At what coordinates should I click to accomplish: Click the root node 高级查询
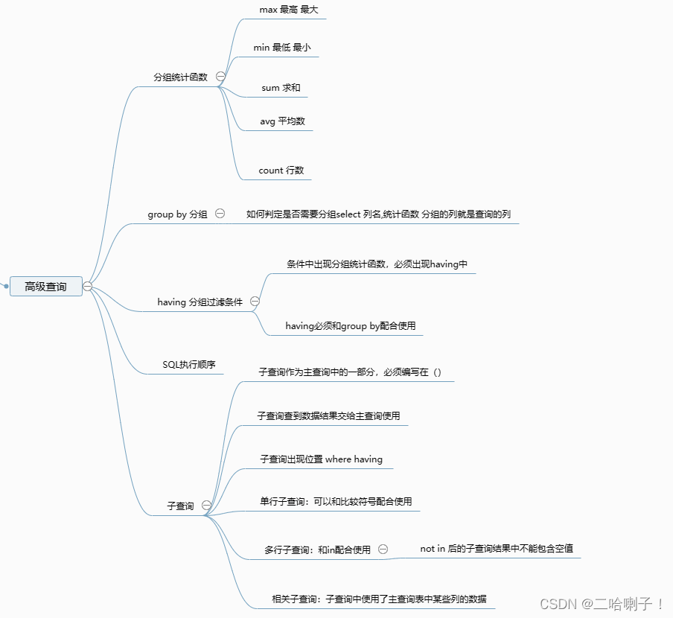click(45, 286)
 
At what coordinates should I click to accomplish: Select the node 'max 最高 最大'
click(282, 10)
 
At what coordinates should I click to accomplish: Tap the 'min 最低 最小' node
click(281, 48)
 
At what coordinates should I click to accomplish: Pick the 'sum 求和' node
click(281, 88)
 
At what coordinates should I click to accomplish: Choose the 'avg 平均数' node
click(282, 121)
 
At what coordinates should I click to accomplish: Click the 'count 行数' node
click(281, 171)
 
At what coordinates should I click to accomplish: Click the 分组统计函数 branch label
click(180, 77)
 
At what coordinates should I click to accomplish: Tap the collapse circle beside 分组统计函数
click(220, 76)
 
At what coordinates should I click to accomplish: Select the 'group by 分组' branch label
click(177, 214)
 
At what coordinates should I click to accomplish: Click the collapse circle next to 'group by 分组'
click(220, 213)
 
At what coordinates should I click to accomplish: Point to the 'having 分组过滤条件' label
click(200, 302)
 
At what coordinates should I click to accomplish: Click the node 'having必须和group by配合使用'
click(350, 326)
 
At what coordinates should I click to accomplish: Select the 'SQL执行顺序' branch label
click(189, 365)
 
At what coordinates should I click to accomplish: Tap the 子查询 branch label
click(180, 506)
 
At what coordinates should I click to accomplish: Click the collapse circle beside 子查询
click(206, 506)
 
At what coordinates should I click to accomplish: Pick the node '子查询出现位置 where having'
click(321, 459)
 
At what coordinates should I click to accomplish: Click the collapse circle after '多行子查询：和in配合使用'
click(383, 549)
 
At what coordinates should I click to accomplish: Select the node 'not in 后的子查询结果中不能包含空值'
click(497, 549)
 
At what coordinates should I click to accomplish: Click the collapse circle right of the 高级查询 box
click(87, 286)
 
